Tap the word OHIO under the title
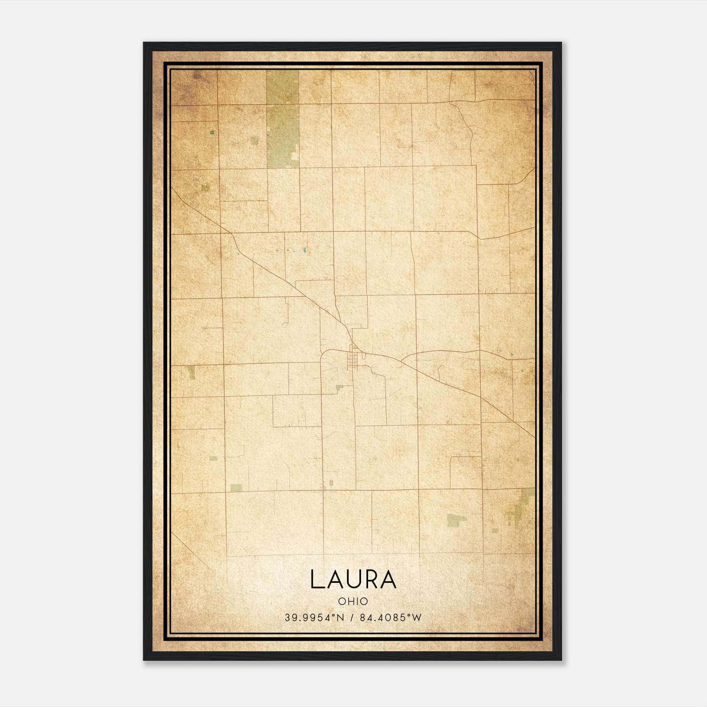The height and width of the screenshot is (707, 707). tap(353, 601)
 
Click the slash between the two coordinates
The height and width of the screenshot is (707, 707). tap(351, 618)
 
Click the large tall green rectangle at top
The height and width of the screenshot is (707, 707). tap(283, 119)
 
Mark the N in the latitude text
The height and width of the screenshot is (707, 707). tap(340, 618)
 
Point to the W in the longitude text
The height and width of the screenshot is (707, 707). tap(417, 618)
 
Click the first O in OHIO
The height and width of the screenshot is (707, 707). tap(342, 601)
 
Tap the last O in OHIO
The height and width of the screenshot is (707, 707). tap(364, 601)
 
